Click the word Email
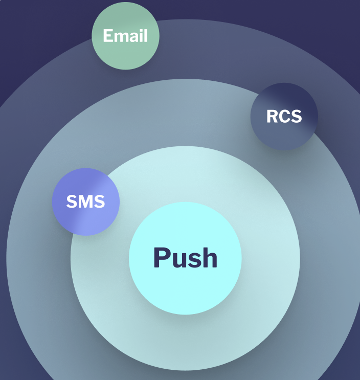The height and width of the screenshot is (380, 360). pyautogui.click(x=125, y=36)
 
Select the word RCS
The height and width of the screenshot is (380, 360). pyautogui.click(x=284, y=116)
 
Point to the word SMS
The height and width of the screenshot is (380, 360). pyautogui.click(x=85, y=202)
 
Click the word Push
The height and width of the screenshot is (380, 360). pyautogui.click(x=185, y=258)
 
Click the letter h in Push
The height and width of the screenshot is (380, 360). pyautogui.click(x=209, y=258)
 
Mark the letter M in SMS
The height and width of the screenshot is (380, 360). pyautogui.click(x=85, y=202)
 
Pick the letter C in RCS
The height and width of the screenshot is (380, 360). pyautogui.click(x=284, y=116)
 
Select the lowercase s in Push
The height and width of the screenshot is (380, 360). pyautogui.click(x=193, y=260)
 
